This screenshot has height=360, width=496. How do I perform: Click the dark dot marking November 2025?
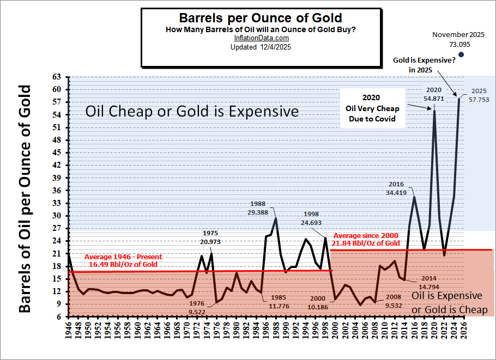[x=461, y=54]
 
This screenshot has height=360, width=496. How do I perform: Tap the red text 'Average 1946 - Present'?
[x=123, y=257]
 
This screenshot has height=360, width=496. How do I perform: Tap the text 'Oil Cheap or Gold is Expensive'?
[x=192, y=112]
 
